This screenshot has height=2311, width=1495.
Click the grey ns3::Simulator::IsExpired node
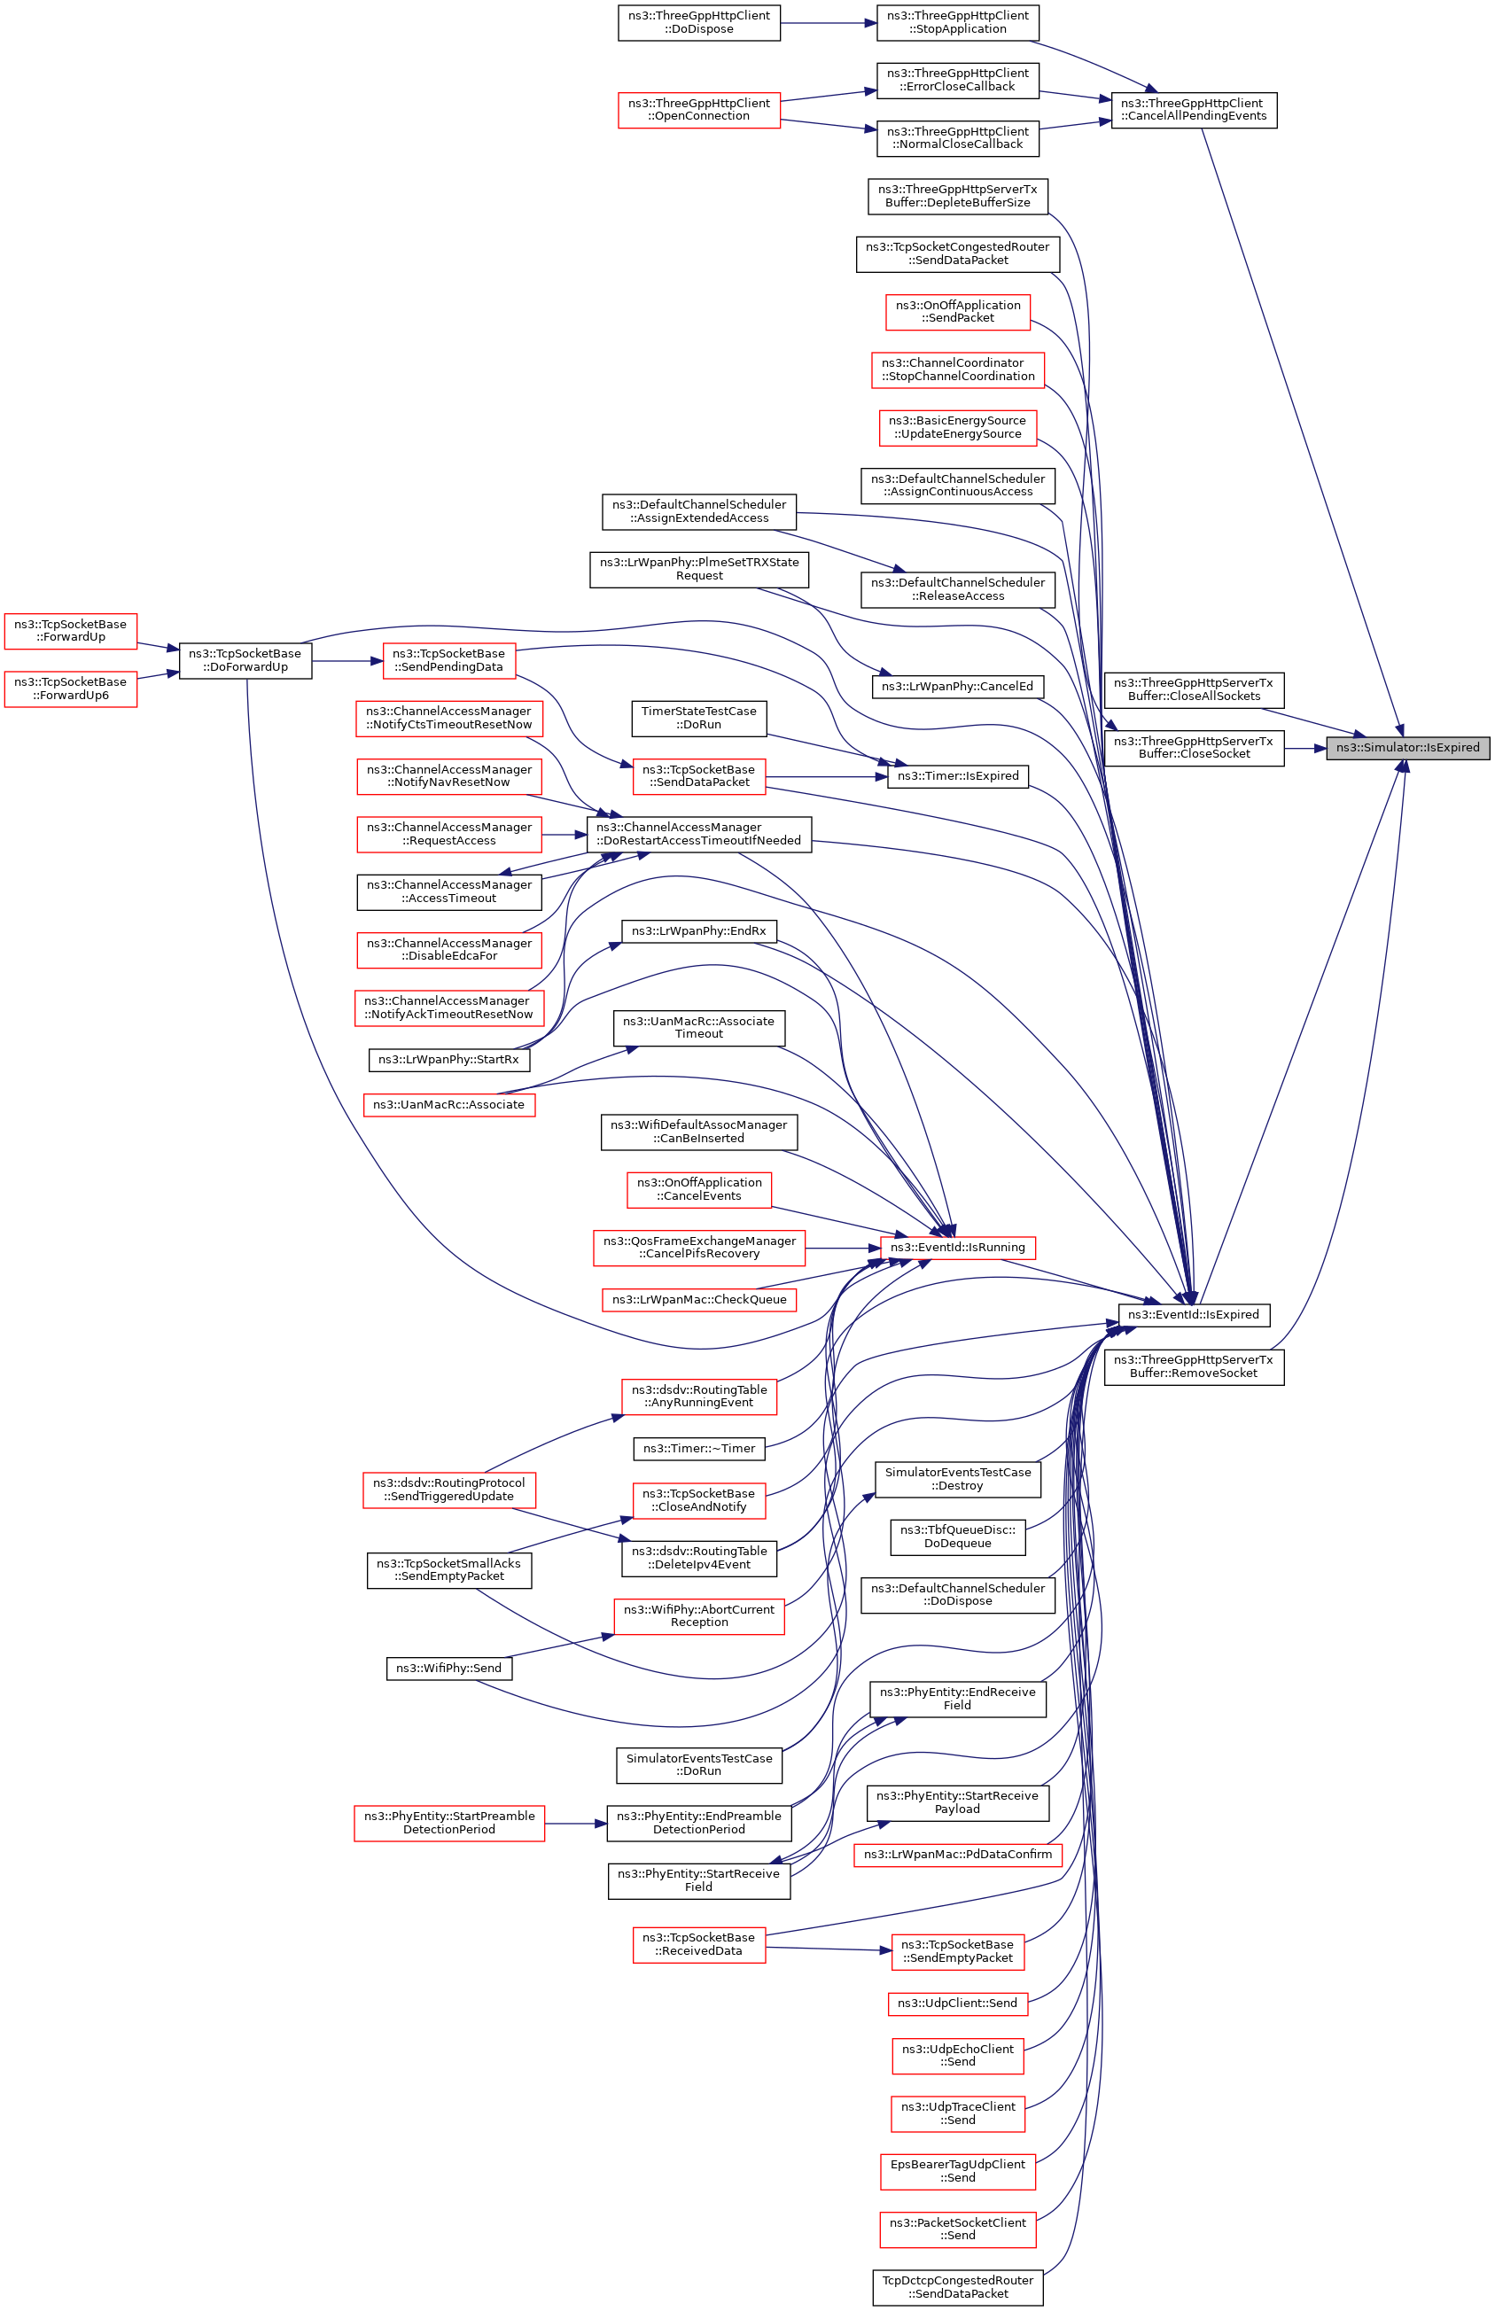tap(1406, 747)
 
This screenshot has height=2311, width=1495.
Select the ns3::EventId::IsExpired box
tap(1193, 1314)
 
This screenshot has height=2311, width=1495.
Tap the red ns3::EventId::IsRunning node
tap(957, 1248)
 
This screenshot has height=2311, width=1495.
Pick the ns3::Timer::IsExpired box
tap(957, 775)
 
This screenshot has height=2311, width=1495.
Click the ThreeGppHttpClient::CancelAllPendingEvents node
tap(1193, 110)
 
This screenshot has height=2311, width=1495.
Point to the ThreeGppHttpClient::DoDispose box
tap(699, 22)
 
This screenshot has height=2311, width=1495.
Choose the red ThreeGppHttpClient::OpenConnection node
tap(699, 110)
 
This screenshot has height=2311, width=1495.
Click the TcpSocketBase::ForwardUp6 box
tap(70, 689)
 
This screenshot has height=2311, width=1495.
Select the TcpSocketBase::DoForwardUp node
tap(245, 660)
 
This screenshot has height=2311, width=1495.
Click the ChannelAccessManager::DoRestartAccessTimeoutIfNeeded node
tap(699, 834)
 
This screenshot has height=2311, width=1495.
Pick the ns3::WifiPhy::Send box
tap(448, 1668)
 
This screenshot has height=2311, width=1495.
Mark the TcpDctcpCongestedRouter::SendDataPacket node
tap(957, 2287)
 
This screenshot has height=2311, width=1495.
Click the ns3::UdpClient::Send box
tap(957, 2003)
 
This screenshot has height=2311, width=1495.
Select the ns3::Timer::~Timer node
tap(699, 1448)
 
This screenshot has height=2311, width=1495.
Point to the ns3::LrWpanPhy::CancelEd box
tap(957, 686)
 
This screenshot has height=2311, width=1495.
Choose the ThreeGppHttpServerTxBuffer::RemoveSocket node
tap(1193, 1366)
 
